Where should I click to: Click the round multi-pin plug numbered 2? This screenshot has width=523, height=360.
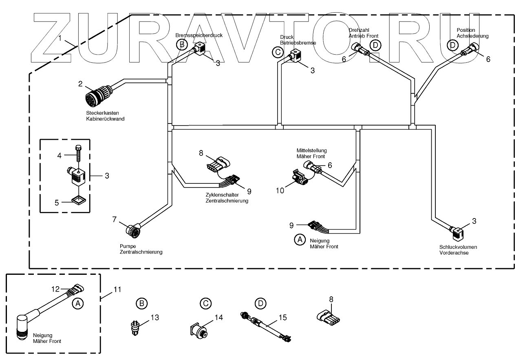[x=99, y=95]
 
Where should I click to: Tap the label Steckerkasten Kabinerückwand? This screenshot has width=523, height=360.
[x=105, y=116]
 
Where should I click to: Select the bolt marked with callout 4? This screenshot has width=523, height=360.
[x=78, y=153]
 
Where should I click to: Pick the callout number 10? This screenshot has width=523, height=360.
[x=280, y=191]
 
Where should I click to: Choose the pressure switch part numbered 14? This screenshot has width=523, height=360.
[x=199, y=331]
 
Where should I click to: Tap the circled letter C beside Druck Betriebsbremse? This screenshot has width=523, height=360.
[x=278, y=52]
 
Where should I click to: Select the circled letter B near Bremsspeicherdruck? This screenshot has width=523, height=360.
[x=182, y=44]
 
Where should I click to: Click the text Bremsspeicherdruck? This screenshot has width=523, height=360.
[x=199, y=35]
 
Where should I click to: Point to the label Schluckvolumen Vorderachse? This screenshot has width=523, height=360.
[x=458, y=250]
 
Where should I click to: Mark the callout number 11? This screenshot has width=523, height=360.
[x=117, y=290]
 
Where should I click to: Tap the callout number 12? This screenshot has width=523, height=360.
[x=55, y=289]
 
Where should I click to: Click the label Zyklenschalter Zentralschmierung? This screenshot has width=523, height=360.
[x=227, y=198]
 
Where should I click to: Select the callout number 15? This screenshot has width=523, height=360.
[x=283, y=318]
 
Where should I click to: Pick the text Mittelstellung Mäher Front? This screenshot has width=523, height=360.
[x=312, y=153]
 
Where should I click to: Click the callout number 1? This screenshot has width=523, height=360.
[x=60, y=38]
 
